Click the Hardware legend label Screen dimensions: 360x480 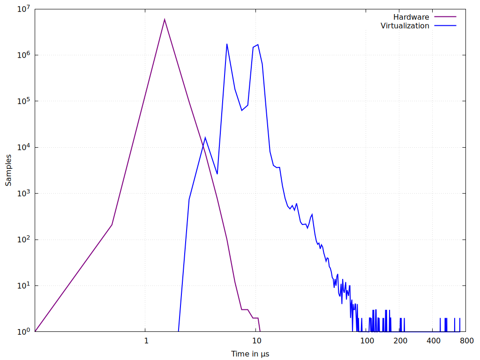click(411, 17)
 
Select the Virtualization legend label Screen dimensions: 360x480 click(405, 26)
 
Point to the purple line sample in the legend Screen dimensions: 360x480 click(445, 17)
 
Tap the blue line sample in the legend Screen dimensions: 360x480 click(445, 26)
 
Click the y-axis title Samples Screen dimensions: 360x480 click(8, 170)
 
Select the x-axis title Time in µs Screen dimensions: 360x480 click(250, 353)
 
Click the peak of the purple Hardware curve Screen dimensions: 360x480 click(165, 19)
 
